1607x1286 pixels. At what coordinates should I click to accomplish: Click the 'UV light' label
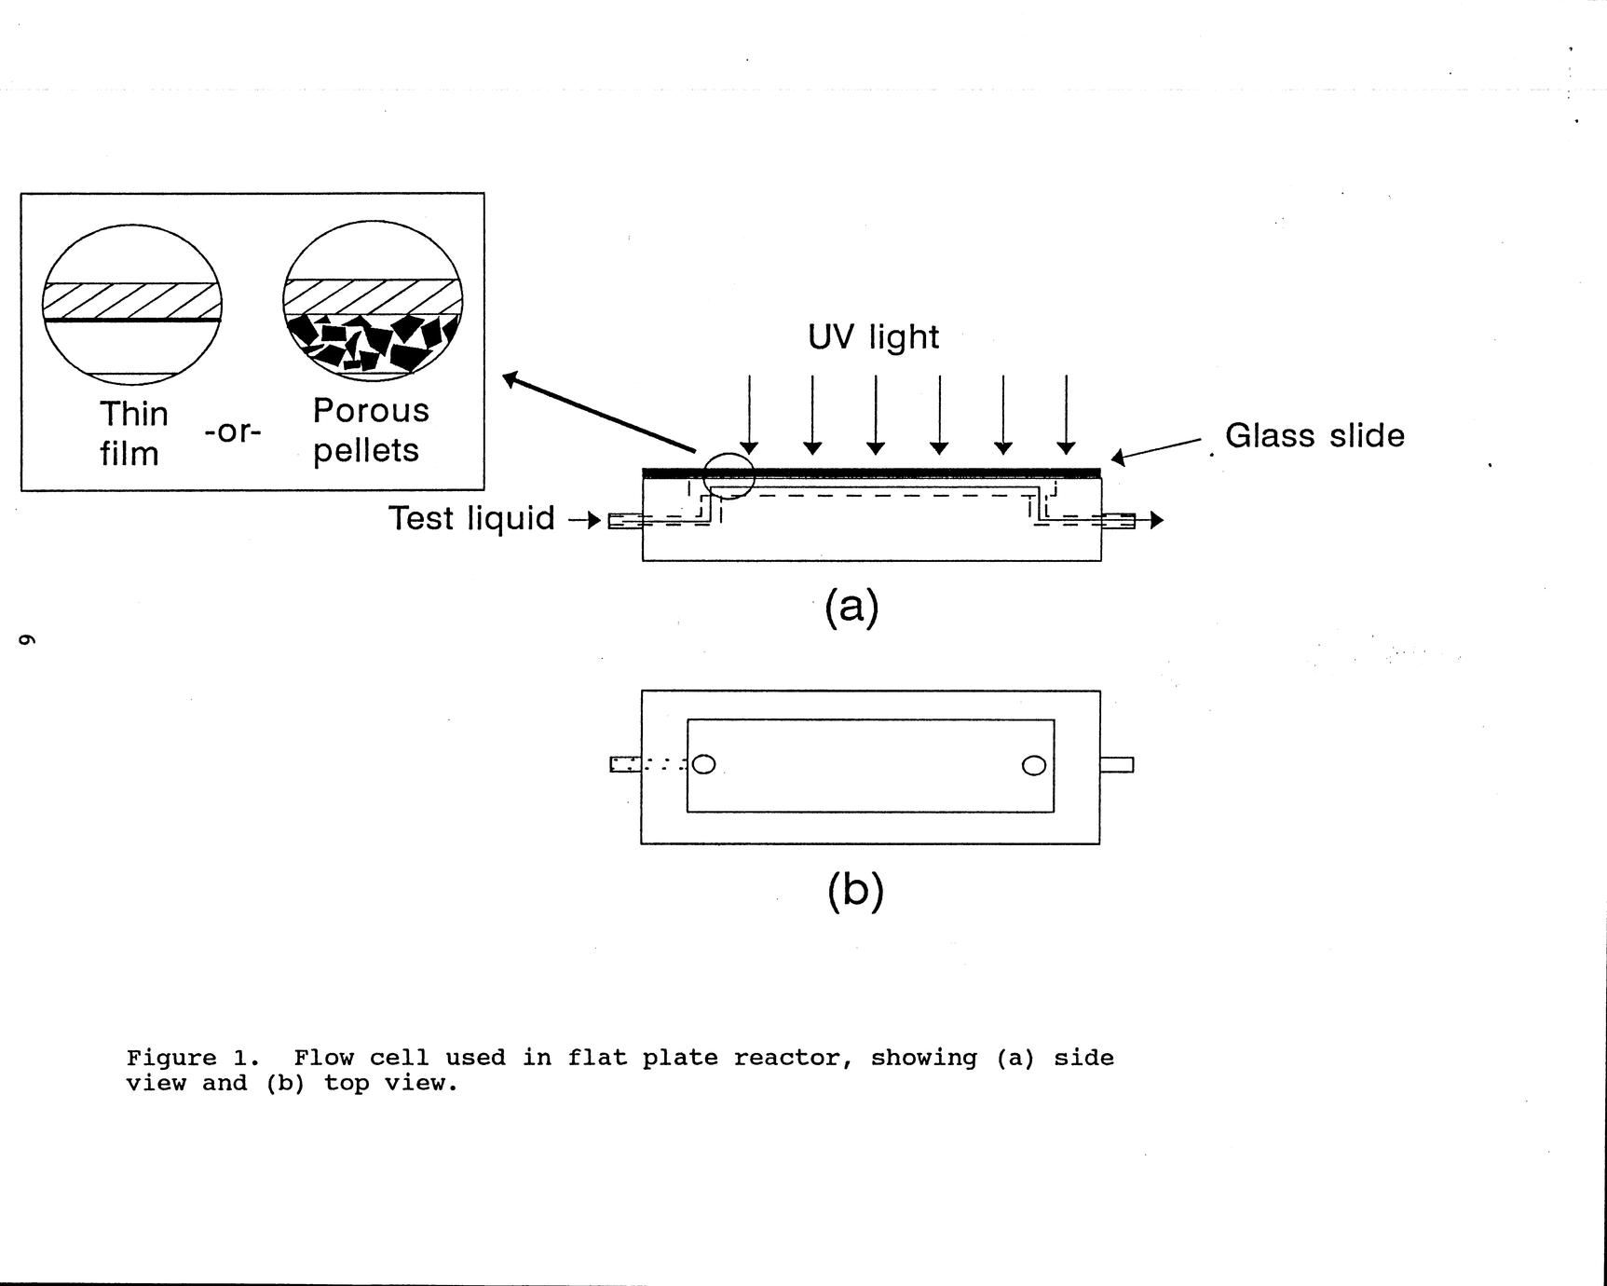point(873,337)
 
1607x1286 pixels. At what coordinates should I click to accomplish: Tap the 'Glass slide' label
point(1314,436)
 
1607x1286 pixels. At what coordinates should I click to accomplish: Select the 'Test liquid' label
point(471,518)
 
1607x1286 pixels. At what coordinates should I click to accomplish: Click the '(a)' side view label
point(851,608)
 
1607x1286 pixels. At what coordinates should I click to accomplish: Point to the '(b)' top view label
point(854,890)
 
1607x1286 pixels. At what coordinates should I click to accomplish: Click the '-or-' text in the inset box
point(233,431)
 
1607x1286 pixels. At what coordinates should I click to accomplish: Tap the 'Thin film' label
point(133,433)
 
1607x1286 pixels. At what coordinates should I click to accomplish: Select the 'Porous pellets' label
point(370,431)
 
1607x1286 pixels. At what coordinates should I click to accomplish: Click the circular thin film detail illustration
point(132,304)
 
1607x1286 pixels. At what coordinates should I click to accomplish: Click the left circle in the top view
point(704,764)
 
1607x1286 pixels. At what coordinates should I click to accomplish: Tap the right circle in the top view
point(1034,765)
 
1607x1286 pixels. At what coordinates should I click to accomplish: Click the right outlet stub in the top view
point(1116,765)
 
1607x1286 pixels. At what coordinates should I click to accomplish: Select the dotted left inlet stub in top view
point(626,764)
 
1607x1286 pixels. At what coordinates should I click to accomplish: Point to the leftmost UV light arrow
point(749,415)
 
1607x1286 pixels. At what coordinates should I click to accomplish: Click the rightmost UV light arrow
point(1066,415)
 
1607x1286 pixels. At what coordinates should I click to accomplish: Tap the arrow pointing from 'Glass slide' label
point(1155,450)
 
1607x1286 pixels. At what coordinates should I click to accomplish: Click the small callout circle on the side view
point(728,475)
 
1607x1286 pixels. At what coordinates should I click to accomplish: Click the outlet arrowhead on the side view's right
point(1156,520)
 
